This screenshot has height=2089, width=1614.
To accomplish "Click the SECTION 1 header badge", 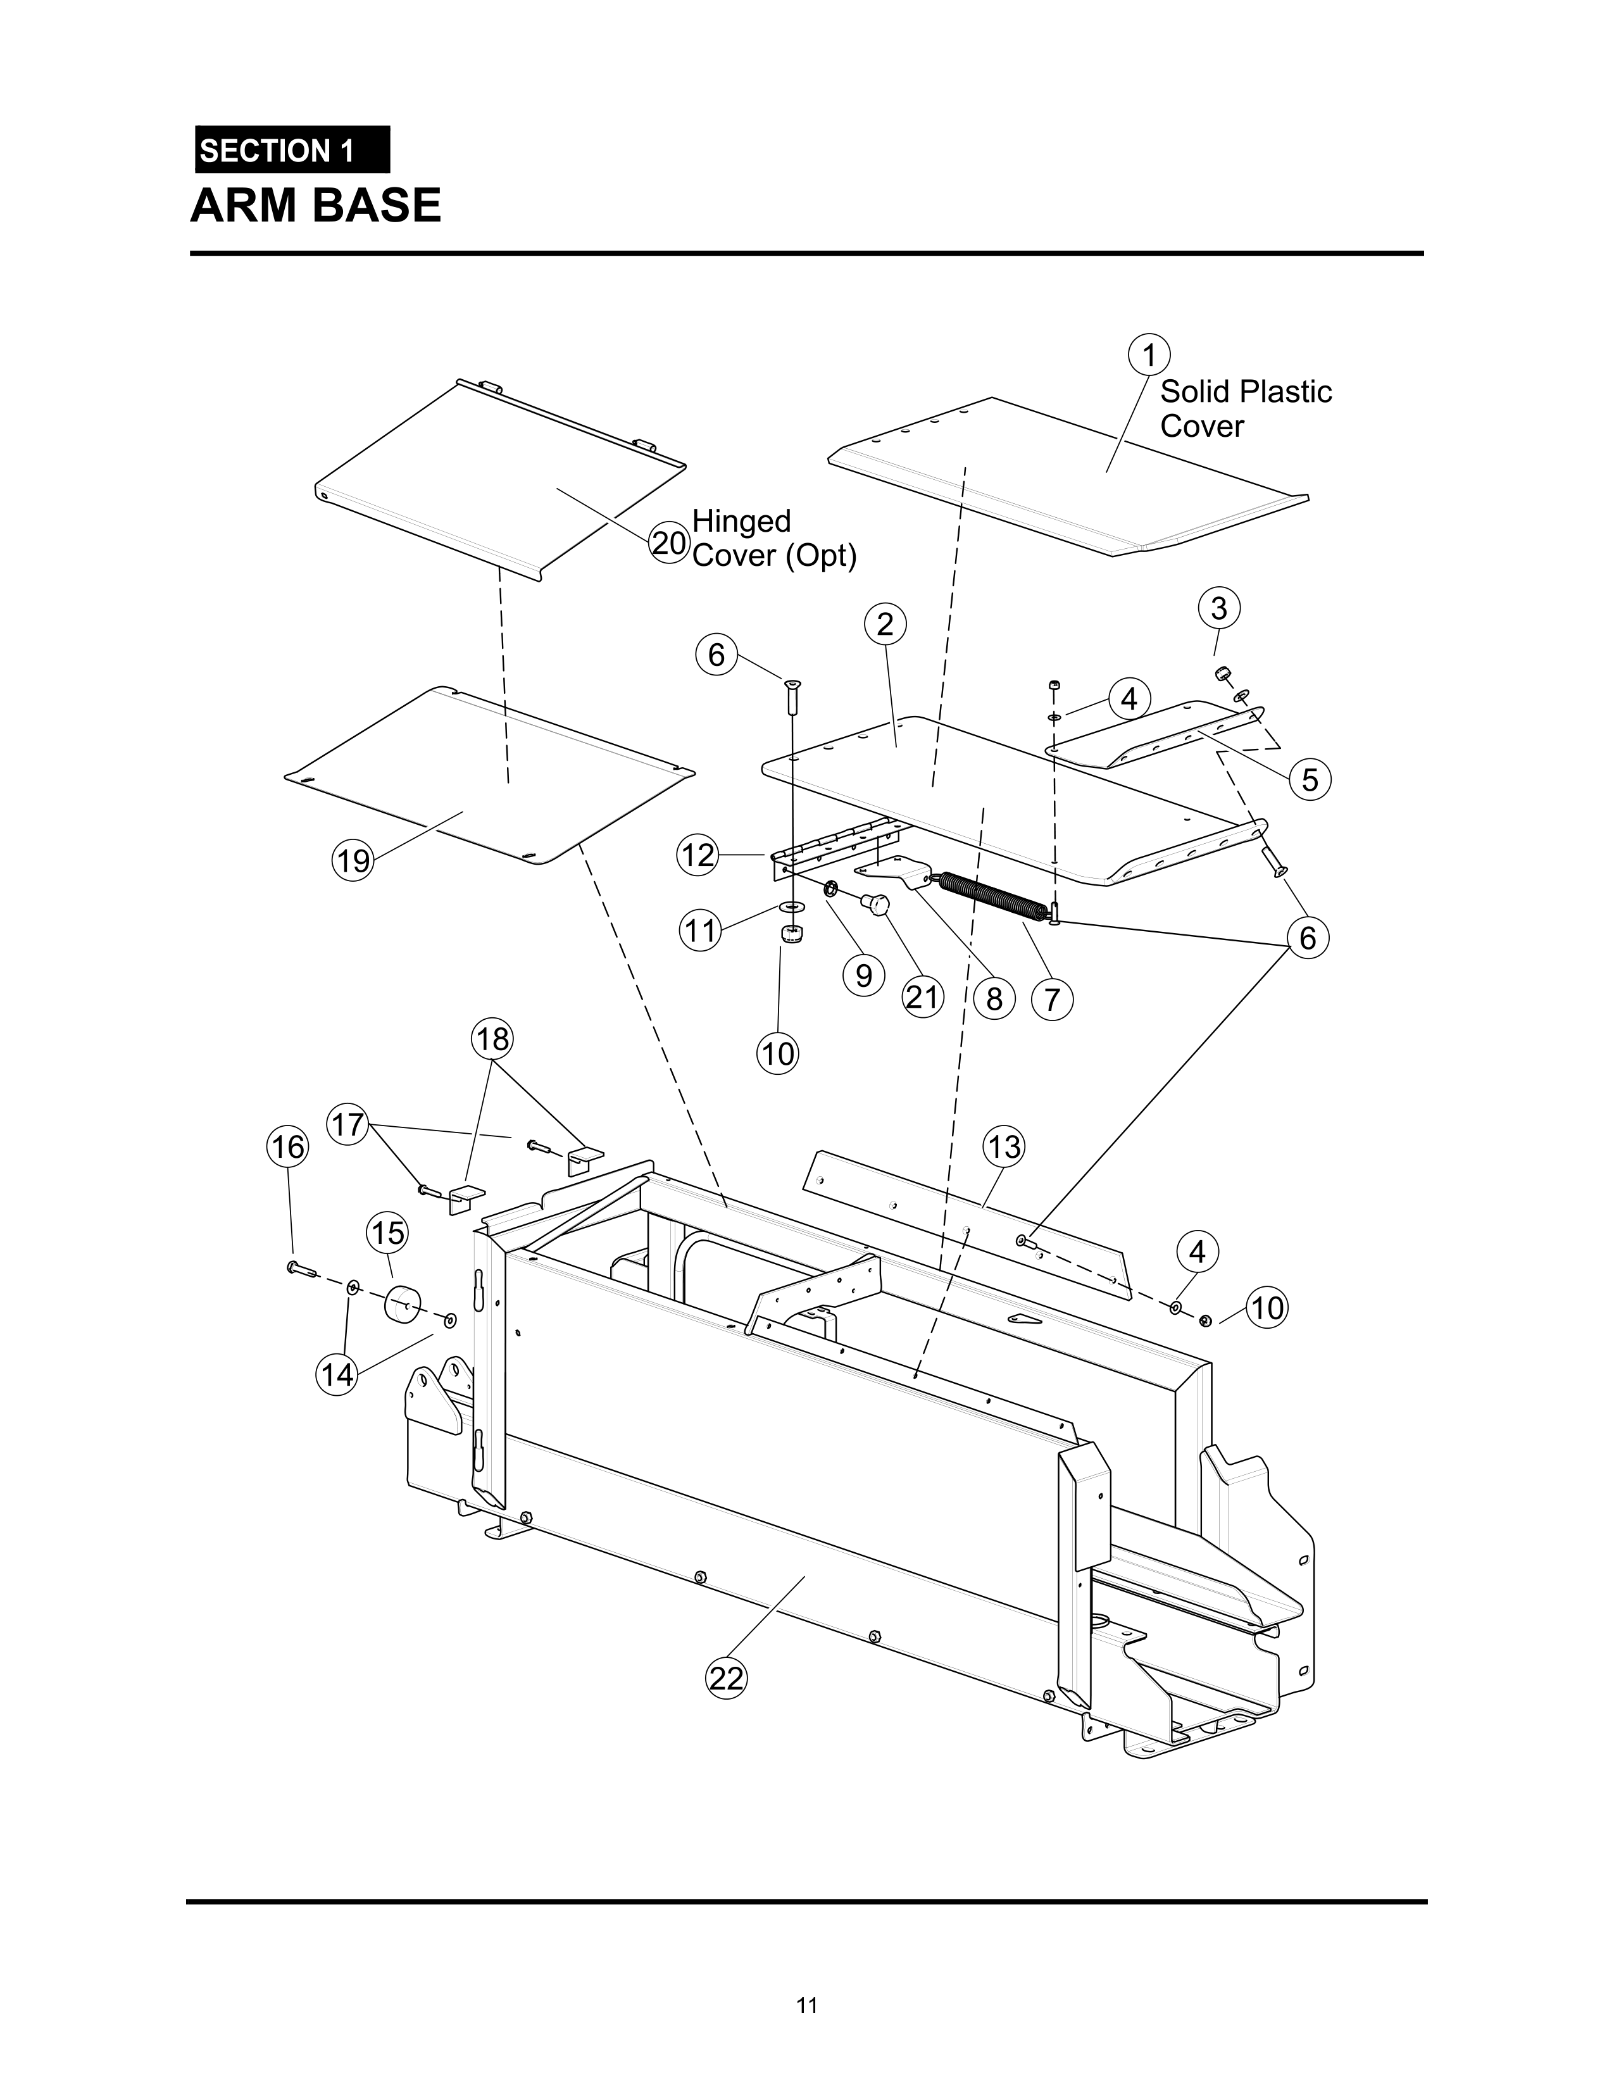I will (x=292, y=150).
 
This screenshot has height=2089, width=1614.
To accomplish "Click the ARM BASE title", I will (x=316, y=206).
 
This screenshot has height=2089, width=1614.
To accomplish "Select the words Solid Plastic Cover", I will (x=1245, y=408).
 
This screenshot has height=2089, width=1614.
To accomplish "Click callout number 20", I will (x=669, y=543).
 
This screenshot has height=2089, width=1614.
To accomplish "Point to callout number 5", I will (x=1309, y=779).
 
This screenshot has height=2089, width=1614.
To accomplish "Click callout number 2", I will (x=884, y=625).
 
